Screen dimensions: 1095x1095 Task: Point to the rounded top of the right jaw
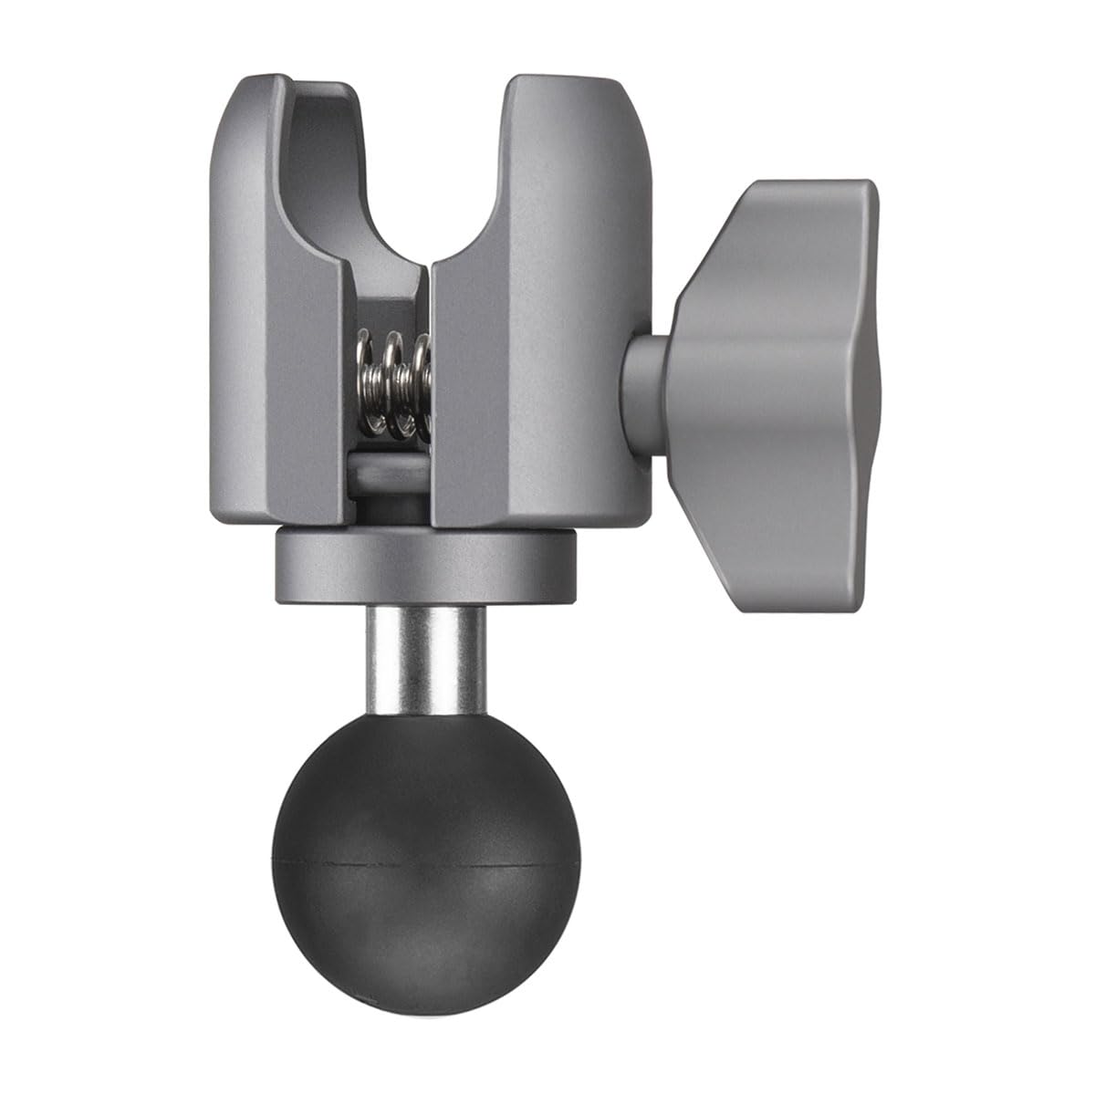click(x=575, y=87)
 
